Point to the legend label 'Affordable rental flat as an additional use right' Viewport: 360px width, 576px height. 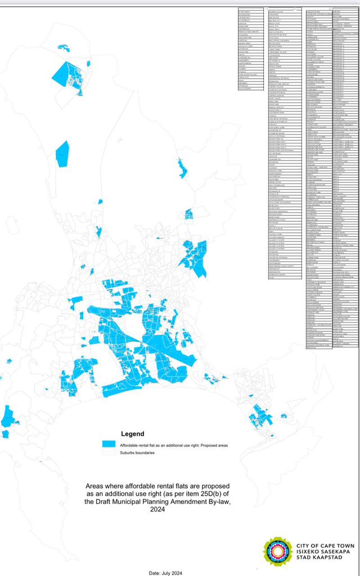point(163,445)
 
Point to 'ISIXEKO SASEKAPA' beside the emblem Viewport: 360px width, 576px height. point(322,552)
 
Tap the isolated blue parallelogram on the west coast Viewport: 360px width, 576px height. point(62,152)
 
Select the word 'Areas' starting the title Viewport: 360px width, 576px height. point(96,485)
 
